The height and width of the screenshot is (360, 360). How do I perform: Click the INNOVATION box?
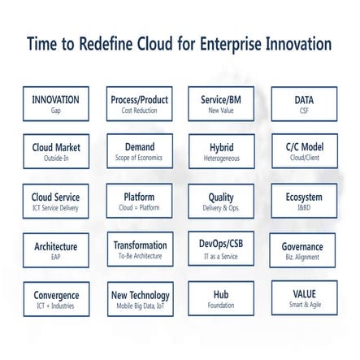(x=55, y=104)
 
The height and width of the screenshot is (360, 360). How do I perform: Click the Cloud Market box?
(x=55, y=152)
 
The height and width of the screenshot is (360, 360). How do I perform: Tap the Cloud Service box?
(x=55, y=201)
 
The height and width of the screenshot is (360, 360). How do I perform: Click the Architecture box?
(x=55, y=249)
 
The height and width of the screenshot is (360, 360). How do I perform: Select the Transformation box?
(x=140, y=249)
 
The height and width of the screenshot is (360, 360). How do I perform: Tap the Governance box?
(x=301, y=250)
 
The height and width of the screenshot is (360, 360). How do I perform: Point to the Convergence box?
(x=55, y=298)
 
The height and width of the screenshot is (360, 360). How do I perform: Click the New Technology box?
(x=140, y=298)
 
